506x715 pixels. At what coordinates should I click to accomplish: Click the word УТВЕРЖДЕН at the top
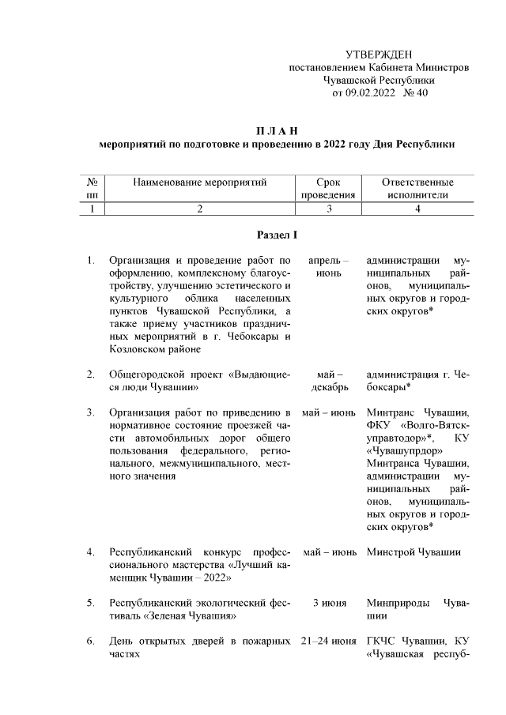pyautogui.click(x=379, y=54)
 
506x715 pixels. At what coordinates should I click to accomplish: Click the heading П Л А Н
pyautogui.click(x=277, y=131)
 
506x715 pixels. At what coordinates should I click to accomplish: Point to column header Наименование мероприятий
pyautogui.click(x=200, y=183)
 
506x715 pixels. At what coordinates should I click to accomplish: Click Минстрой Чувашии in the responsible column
pyautogui.click(x=413, y=551)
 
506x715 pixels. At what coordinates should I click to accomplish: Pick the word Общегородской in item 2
pyautogui.click(x=145, y=374)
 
